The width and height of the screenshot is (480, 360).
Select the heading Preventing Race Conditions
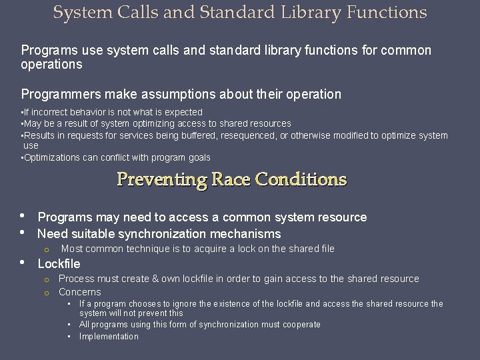tap(232, 179)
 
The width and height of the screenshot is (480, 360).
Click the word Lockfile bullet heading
tap(59, 263)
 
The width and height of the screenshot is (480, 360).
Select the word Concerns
tap(79, 292)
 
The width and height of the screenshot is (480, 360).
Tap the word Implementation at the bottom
tap(109, 337)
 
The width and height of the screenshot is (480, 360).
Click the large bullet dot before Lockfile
tap(23, 263)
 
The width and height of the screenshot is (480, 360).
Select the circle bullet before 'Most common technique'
tap(47, 249)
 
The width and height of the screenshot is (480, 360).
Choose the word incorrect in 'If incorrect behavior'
tap(49, 112)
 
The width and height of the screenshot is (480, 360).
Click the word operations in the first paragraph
tap(51, 65)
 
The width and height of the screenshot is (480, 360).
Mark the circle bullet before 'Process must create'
tap(47, 279)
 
